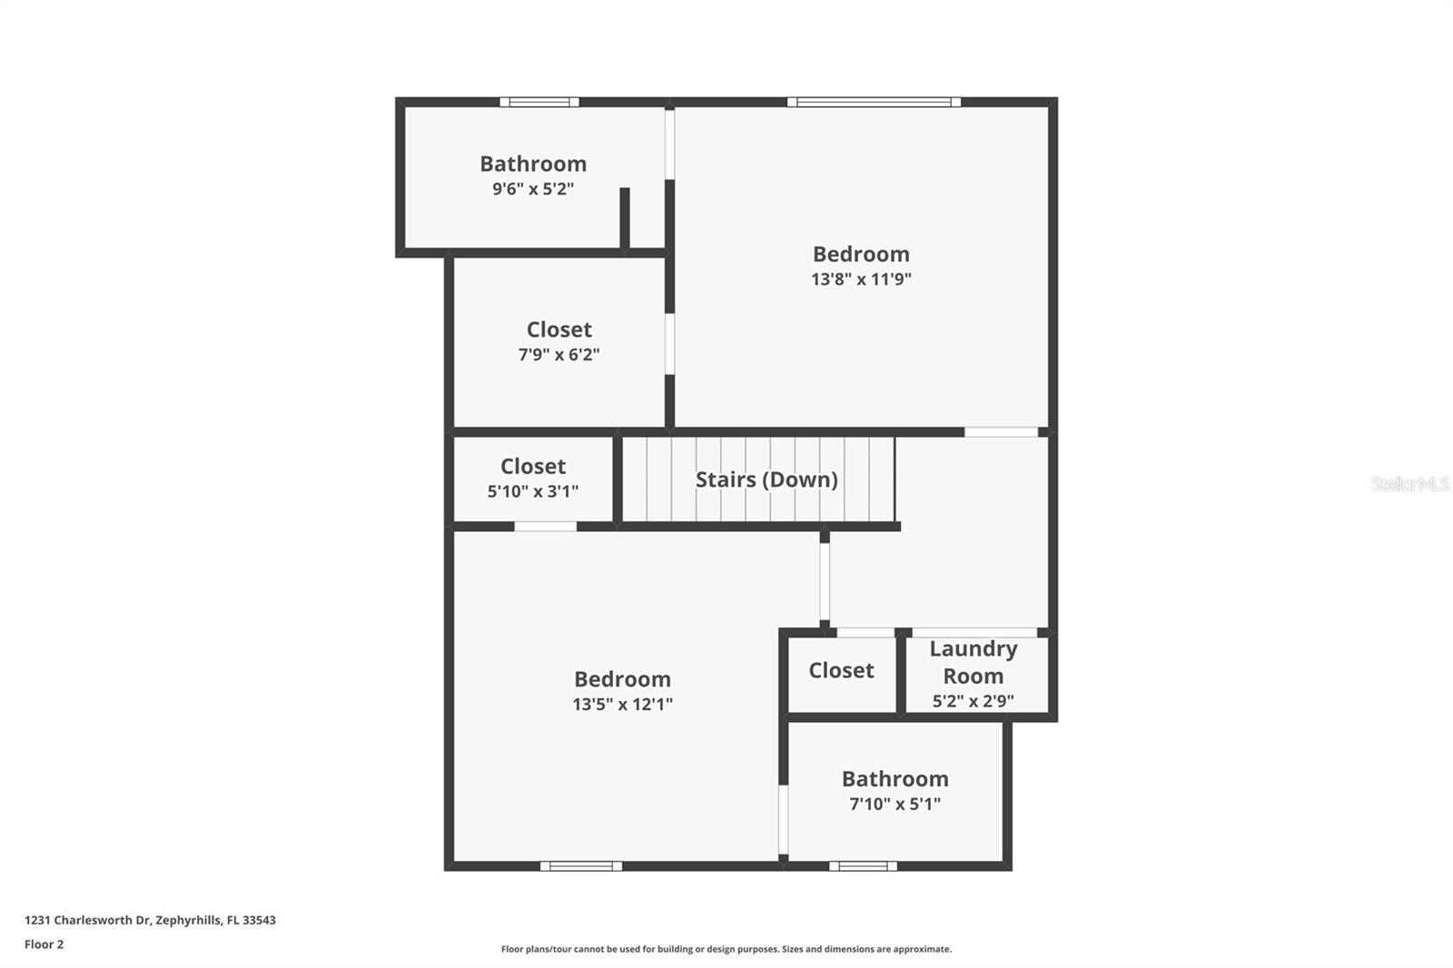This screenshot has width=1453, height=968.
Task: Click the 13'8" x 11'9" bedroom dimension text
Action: point(861,280)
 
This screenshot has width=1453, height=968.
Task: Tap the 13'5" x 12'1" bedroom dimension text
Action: point(622,704)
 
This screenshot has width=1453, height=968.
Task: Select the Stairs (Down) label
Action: point(766,479)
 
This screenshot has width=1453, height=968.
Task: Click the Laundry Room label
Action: point(973,662)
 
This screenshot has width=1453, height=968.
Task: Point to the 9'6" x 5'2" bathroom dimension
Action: point(533,189)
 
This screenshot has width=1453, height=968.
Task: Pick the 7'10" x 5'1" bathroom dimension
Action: point(895,804)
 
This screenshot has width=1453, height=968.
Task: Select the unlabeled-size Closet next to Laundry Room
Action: point(841,671)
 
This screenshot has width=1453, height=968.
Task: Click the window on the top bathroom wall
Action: point(539,102)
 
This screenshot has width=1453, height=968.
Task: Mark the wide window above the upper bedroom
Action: point(874,102)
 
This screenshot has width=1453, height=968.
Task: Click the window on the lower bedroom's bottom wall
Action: point(581,866)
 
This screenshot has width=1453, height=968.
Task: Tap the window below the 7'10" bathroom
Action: point(863,866)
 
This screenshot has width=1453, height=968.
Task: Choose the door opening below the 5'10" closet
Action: point(545,527)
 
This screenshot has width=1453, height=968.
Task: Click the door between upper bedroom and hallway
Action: point(1001,432)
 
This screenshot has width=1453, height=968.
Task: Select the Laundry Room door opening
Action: point(974,632)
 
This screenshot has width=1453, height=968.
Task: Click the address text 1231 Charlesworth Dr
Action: point(150,920)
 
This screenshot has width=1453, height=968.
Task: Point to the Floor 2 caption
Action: point(44,944)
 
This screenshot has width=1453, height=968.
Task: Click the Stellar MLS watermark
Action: point(1409,484)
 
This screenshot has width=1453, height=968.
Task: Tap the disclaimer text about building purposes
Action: point(726,949)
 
